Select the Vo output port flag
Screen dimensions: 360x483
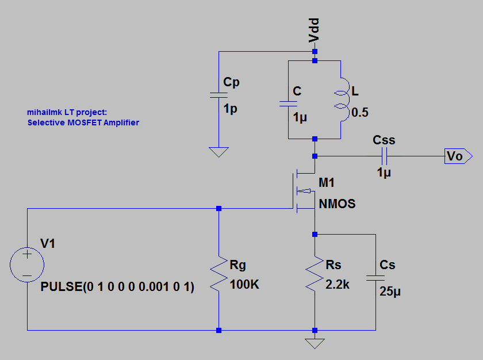(x=458, y=156)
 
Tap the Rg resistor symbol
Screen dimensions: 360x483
(x=218, y=274)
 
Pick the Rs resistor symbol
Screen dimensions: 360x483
(x=315, y=274)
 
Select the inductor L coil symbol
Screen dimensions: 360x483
(x=342, y=98)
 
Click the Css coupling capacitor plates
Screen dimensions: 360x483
(x=385, y=156)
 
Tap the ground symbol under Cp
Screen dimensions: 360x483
(x=218, y=152)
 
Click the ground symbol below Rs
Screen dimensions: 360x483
(x=315, y=343)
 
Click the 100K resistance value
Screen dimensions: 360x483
(x=244, y=284)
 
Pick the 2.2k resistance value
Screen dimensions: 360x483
(x=337, y=284)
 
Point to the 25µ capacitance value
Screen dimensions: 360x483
(x=390, y=292)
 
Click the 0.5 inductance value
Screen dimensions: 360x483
(x=359, y=113)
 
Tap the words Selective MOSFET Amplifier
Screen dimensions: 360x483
(x=83, y=122)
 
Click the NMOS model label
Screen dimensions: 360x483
(x=338, y=204)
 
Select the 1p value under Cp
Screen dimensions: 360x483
(x=230, y=109)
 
